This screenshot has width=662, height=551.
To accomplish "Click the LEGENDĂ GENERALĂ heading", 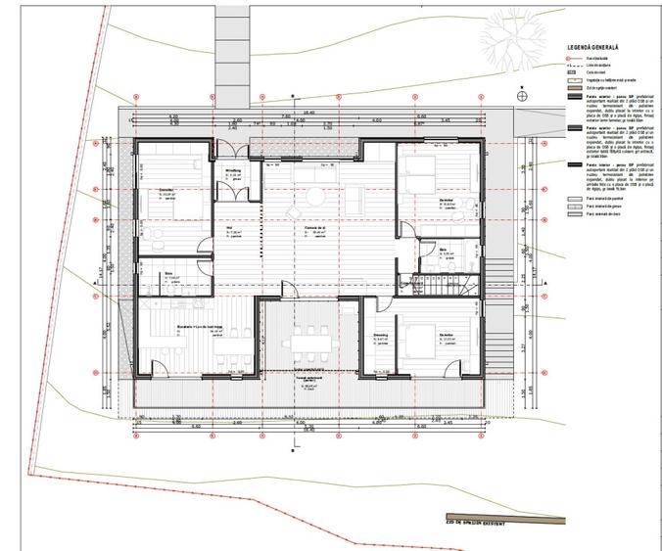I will pos(602,47).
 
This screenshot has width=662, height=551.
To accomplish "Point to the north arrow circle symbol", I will pos(523,96).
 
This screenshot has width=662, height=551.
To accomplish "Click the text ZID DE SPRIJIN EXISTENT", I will pos(473,526).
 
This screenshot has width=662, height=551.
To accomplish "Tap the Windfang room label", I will pos(234,170).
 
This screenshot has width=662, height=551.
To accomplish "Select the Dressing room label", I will pos(380,335).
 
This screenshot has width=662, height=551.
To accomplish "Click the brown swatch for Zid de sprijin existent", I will pos(575,88).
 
